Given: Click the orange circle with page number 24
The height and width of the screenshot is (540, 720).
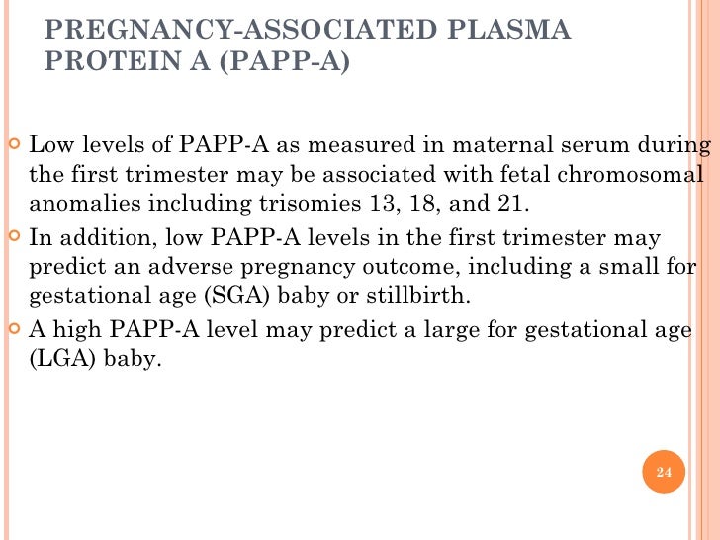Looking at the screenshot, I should [664, 472].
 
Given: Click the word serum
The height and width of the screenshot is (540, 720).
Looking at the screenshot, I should [550, 148].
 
